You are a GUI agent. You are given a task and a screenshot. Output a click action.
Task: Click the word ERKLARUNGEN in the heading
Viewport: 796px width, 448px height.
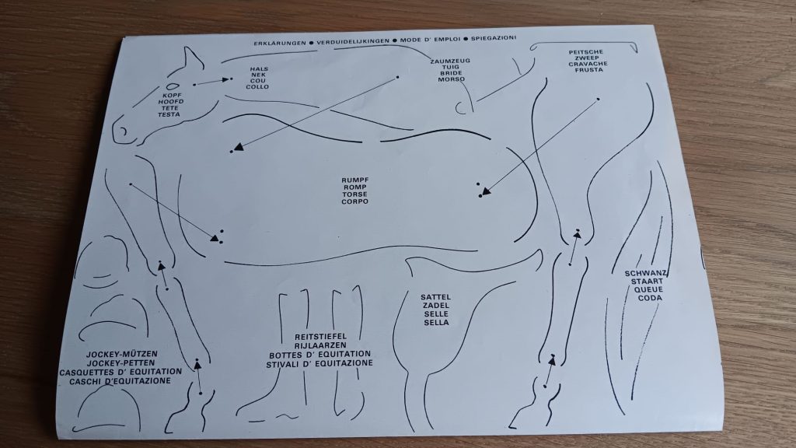(x=280, y=44)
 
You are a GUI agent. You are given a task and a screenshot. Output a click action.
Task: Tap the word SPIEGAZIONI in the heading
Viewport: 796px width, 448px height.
(x=494, y=38)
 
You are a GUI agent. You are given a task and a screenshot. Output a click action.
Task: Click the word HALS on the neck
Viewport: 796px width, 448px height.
(x=259, y=69)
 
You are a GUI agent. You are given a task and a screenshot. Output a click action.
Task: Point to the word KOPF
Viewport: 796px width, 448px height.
(x=172, y=96)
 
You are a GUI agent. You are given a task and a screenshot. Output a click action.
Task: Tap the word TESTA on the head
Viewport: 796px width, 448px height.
(x=169, y=114)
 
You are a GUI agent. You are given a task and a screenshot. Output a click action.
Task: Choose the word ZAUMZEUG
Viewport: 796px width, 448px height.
(x=450, y=61)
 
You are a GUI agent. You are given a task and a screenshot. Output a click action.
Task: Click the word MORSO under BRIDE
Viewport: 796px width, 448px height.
(x=451, y=79)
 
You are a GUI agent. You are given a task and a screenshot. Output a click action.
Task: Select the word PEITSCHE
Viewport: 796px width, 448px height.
(x=586, y=52)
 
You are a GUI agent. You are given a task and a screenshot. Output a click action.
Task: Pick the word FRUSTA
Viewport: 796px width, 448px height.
(x=589, y=70)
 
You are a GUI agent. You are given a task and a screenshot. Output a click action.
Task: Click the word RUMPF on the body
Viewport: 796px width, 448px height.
(x=354, y=180)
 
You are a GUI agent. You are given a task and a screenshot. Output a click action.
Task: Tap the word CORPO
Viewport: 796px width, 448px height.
(x=354, y=201)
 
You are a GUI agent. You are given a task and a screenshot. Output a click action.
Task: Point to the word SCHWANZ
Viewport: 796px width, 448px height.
(x=646, y=273)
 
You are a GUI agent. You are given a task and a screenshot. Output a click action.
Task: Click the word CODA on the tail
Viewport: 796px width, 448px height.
(x=650, y=298)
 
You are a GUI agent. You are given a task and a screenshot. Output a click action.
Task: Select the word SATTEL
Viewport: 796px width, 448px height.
(x=435, y=297)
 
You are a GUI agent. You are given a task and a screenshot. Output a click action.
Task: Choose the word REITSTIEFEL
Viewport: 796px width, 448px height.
(x=320, y=336)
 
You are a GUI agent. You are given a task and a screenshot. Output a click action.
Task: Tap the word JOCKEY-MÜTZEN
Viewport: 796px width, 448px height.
(x=122, y=354)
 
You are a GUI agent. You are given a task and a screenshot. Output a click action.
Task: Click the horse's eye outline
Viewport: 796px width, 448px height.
(x=173, y=87)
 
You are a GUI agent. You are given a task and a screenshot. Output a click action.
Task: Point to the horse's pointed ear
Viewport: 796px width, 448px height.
(x=192, y=58)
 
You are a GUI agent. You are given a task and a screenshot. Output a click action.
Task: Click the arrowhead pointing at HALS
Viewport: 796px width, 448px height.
(x=225, y=80)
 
